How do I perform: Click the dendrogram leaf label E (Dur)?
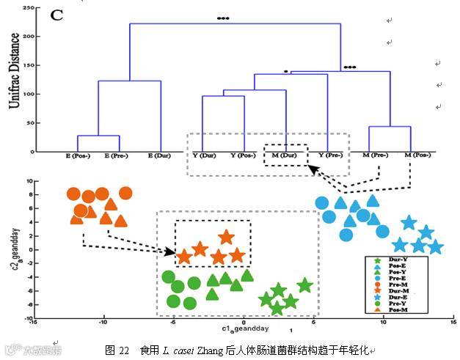160,155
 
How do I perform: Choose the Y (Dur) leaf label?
203,155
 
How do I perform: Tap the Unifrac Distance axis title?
15,81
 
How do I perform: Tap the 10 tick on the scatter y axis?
31,180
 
